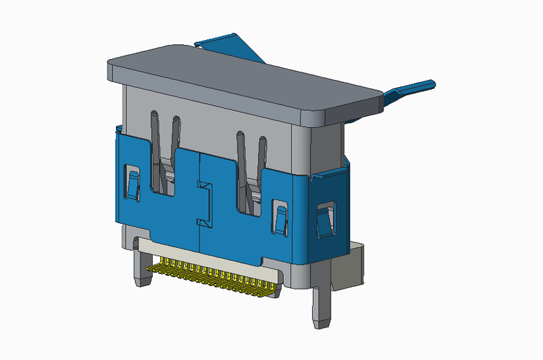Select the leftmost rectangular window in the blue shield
pos(132,184)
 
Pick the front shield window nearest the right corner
pos(280,216)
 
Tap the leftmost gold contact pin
pos(150,267)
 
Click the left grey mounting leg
pos(141,268)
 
